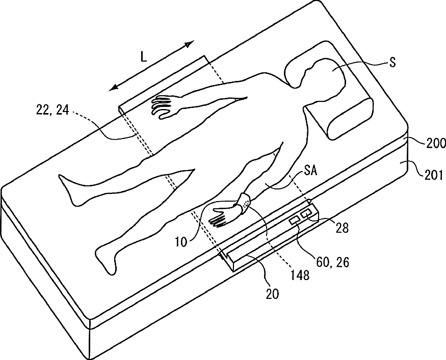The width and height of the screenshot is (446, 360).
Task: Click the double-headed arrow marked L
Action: click(x=152, y=66)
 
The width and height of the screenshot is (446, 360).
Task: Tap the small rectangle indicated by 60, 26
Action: click(x=294, y=221)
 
